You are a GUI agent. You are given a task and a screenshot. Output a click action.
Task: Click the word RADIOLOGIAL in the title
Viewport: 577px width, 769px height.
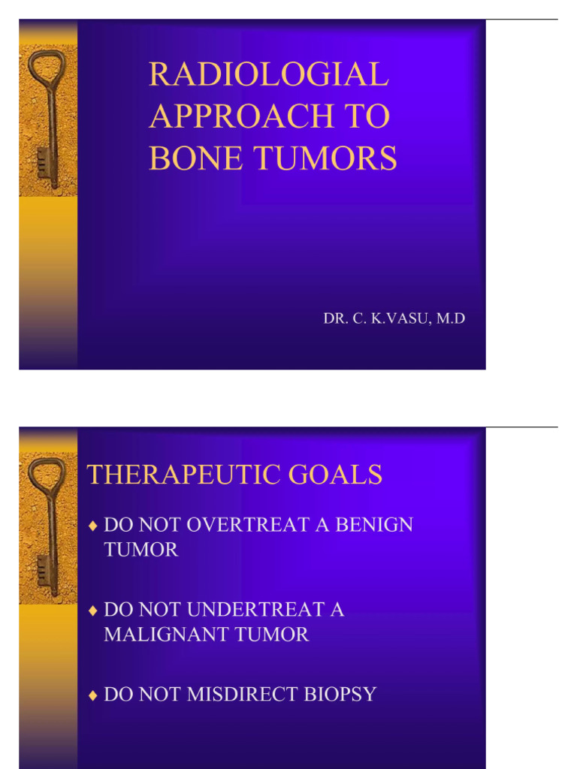click(268, 74)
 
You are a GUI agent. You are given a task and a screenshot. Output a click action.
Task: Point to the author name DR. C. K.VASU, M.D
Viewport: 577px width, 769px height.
click(394, 318)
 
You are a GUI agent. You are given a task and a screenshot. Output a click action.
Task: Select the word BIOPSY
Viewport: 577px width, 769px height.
click(342, 694)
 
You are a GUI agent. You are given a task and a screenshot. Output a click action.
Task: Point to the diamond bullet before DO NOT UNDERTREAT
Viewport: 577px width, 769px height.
click(93, 610)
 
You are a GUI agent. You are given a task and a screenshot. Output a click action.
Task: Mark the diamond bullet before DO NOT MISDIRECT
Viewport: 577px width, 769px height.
click(93, 695)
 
